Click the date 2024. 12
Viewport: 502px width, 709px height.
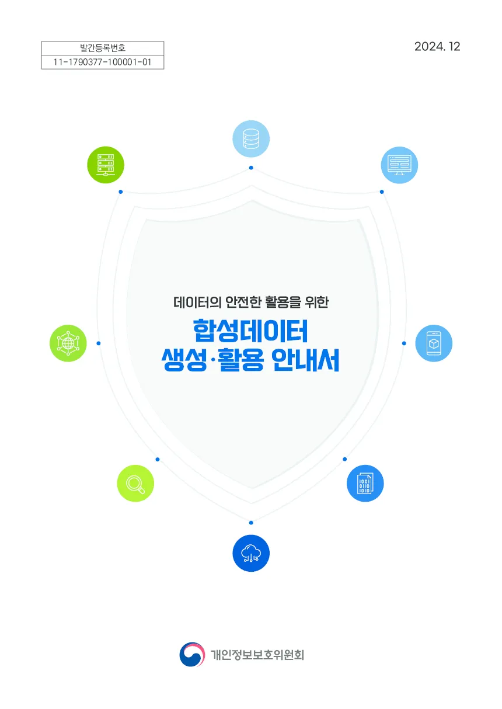click(x=437, y=47)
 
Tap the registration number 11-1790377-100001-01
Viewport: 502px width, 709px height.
click(x=103, y=62)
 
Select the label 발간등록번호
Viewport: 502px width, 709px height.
click(x=103, y=48)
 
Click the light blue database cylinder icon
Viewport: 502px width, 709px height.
click(x=251, y=138)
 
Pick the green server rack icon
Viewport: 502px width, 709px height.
click(x=106, y=165)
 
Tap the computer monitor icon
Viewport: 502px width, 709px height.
click(x=399, y=165)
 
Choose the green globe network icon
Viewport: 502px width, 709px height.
click(x=68, y=343)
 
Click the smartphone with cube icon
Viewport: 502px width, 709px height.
click(x=434, y=343)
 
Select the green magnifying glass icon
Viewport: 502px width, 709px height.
click(x=135, y=483)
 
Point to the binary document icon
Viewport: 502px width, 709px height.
click(x=365, y=483)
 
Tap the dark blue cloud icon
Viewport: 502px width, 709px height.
click(x=251, y=553)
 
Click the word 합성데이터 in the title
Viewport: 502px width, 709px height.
click(x=250, y=331)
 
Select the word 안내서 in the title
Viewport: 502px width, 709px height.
click(x=305, y=360)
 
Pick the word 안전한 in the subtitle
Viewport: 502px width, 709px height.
click(x=243, y=303)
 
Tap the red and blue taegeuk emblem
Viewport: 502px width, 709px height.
click(x=192, y=654)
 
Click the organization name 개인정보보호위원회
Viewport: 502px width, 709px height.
click(x=257, y=655)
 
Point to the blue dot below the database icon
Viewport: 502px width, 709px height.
click(x=251, y=168)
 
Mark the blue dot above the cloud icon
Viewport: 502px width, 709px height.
click(x=251, y=523)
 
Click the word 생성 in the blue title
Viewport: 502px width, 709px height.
click(x=184, y=360)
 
